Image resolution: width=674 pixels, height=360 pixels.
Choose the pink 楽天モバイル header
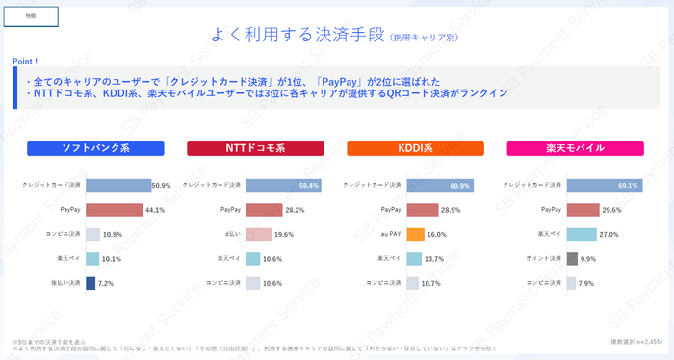pyautogui.click(x=576, y=149)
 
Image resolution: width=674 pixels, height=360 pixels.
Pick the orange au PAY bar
pyautogui.click(x=415, y=234)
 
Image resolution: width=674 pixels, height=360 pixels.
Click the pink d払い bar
pyautogui.click(x=258, y=234)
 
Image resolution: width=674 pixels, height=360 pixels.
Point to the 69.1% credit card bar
pyautogui.click(x=601, y=185)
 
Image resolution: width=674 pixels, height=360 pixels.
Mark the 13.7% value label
pyautogui.click(x=434, y=259)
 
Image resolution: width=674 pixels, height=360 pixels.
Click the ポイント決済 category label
pyautogui.click(x=546, y=259)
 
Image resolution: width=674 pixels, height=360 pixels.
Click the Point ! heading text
pyautogui.click(x=26, y=60)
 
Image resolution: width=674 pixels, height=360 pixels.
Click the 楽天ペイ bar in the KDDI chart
pyautogui.click(x=414, y=259)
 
